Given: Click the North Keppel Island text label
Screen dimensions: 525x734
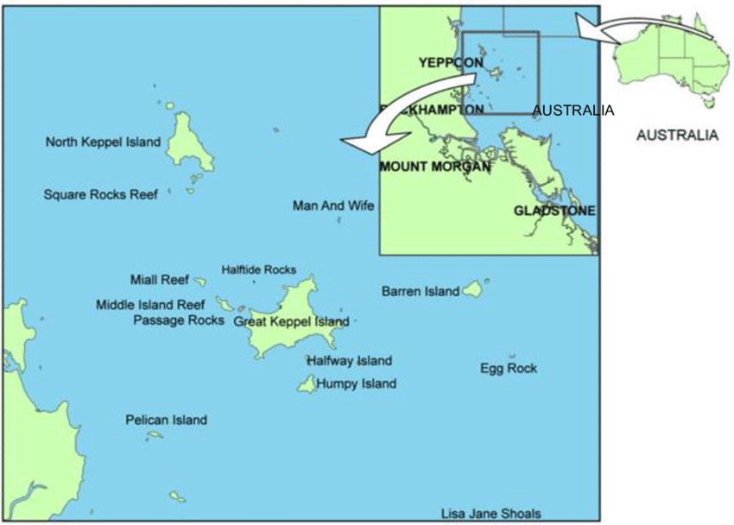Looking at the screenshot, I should click(x=103, y=142).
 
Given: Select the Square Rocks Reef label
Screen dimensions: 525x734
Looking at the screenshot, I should click(x=101, y=194).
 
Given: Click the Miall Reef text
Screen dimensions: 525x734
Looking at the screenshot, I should click(x=159, y=280).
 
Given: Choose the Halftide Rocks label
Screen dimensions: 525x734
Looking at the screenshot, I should click(x=258, y=269).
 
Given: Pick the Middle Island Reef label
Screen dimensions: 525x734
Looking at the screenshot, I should click(x=150, y=304).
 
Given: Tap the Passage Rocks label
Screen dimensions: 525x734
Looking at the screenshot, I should click(x=179, y=319).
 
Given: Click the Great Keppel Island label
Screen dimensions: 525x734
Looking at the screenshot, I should click(x=292, y=322).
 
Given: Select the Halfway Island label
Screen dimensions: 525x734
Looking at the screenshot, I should click(x=349, y=361).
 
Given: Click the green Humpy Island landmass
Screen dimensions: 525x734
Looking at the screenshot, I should click(x=307, y=384).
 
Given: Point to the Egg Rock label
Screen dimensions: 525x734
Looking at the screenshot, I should click(x=509, y=369).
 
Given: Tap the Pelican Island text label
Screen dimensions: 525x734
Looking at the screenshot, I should click(x=166, y=421).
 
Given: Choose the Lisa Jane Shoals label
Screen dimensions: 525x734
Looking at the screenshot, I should click(x=490, y=514).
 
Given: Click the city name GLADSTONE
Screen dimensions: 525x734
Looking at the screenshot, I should click(x=554, y=211).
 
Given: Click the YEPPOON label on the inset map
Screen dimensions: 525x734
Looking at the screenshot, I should click(x=450, y=62).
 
